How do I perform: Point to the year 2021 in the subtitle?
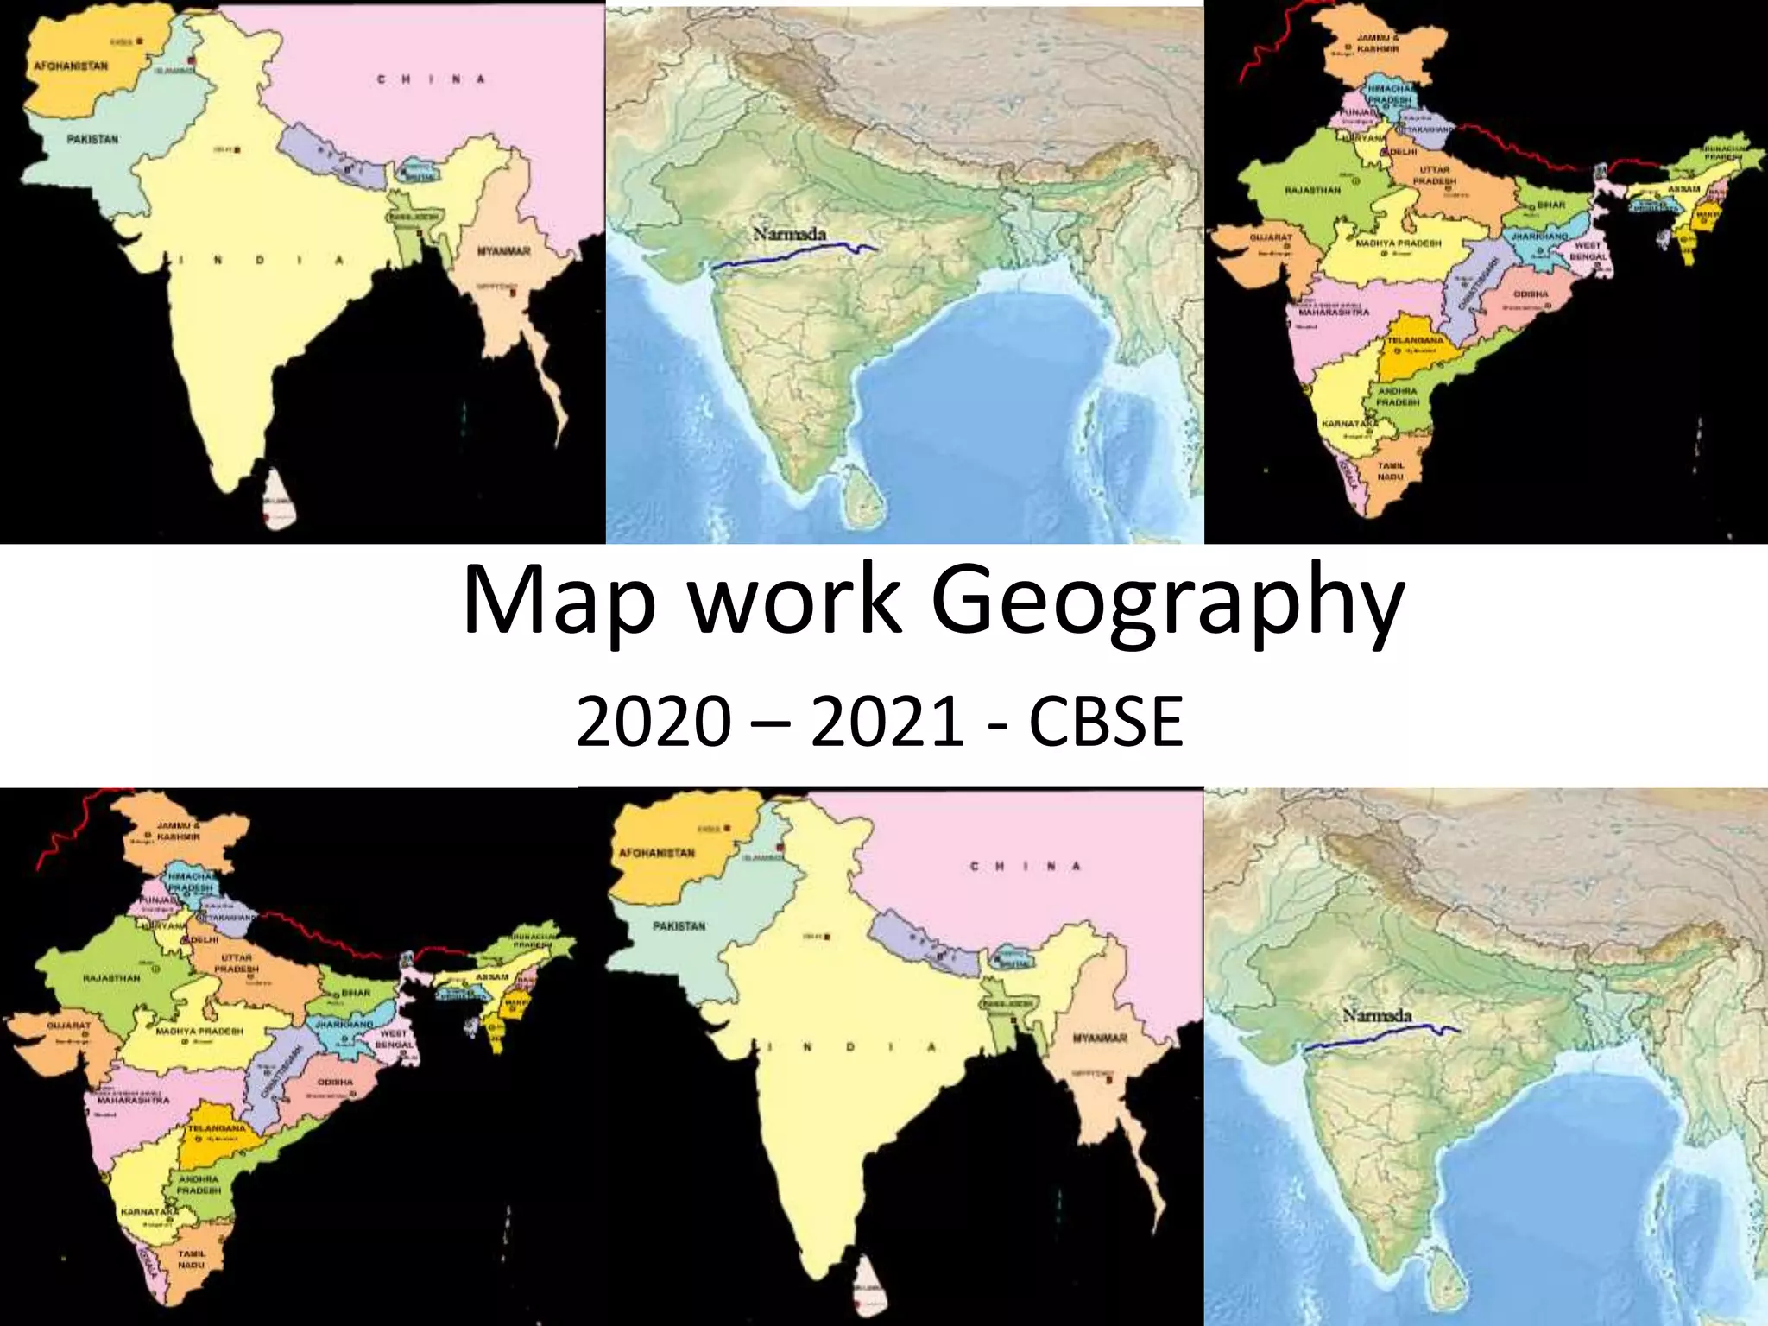pos(887,722)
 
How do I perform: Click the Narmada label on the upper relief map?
pos(789,234)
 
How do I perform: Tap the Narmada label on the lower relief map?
pos(1376,1015)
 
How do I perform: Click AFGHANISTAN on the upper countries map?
pos(71,66)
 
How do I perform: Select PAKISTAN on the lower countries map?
pos(679,926)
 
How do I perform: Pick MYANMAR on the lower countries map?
pos(1100,1038)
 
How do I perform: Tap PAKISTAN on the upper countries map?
pos(92,139)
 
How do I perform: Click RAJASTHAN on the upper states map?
pos(1312,190)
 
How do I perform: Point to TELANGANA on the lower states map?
pos(217,1128)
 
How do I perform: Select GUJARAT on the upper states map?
pos(1271,237)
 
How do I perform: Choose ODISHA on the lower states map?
pos(335,1082)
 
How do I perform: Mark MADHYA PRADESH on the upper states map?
pos(1399,243)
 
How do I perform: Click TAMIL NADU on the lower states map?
pos(192,1259)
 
